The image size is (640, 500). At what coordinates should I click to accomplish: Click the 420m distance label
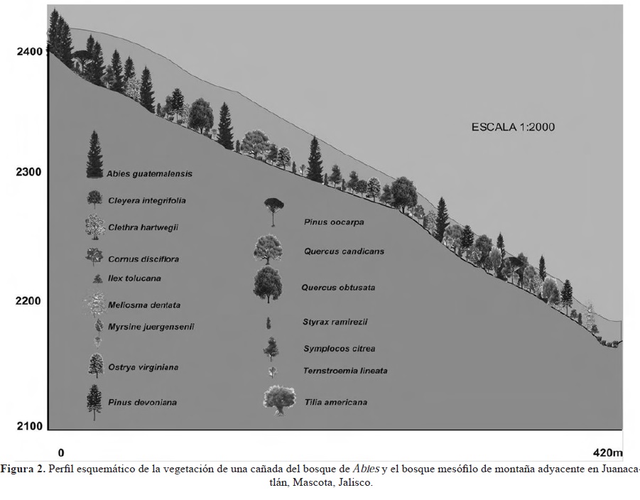point(607,452)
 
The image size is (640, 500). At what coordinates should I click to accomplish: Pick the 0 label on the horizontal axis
point(61,452)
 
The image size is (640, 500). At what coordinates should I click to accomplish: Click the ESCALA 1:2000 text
point(513,127)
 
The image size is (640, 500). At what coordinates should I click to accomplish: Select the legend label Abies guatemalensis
point(150,173)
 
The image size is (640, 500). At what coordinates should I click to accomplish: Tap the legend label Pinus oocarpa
point(333,222)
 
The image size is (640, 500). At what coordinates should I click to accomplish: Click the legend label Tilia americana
point(335,402)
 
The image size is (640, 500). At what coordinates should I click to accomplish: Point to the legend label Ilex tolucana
point(134,279)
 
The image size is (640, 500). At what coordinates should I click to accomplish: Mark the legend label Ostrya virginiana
point(143,367)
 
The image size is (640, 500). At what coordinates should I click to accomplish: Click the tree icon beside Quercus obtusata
point(268,283)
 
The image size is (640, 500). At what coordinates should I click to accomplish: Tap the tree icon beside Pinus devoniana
point(93,401)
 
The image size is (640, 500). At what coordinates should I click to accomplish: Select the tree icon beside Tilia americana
point(278,400)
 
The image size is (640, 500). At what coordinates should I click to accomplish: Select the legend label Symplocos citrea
point(339,349)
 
